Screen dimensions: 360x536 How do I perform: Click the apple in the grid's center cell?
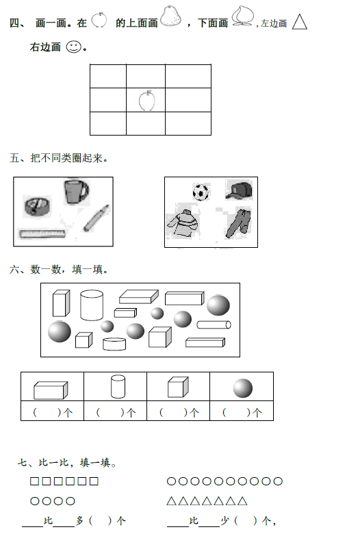pos(146,101)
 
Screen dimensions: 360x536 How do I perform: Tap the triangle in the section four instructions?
pos(300,22)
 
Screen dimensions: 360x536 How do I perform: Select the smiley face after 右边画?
pos(73,47)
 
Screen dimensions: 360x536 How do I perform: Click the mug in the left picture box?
pos(76,192)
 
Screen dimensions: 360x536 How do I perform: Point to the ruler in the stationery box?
pos(42,234)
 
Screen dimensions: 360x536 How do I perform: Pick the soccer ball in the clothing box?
pos(201,192)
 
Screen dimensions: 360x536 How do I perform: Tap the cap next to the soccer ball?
pos(240,190)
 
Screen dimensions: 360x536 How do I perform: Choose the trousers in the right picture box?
pos(239,223)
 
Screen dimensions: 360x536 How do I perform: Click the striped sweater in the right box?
pos(182,224)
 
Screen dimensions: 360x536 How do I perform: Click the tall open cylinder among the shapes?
pos(92,305)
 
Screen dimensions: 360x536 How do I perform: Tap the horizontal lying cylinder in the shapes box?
pos(214,324)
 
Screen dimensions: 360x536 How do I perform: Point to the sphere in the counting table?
pos(243,388)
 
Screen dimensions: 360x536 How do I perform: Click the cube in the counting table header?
pos(178,387)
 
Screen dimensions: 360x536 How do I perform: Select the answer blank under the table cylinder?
pos(110,413)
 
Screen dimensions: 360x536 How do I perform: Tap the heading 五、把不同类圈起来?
pos(59,158)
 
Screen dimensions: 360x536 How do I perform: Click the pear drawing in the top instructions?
pos(170,16)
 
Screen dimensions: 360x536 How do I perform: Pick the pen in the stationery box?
pos(96,218)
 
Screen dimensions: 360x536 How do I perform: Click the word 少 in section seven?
pos(224,521)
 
